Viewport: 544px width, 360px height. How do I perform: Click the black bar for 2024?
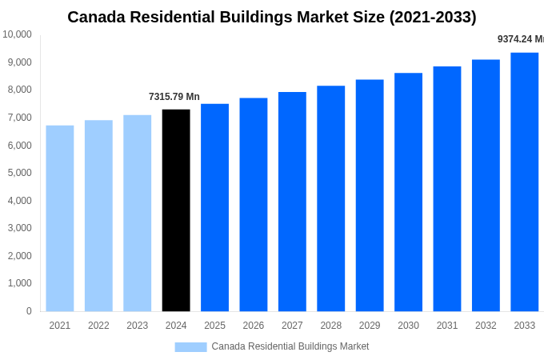click(x=176, y=210)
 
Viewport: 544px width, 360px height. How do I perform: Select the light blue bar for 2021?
click(x=60, y=218)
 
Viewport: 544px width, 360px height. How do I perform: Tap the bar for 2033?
click(x=524, y=182)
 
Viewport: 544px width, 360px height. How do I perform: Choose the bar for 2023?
click(x=137, y=213)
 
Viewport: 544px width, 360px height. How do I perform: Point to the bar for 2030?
click(x=408, y=192)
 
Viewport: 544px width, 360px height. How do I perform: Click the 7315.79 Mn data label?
click(x=174, y=97)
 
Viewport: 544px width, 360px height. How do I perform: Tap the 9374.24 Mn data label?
click(x=520, y=39)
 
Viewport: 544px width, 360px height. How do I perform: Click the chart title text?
click(x=271, y=17)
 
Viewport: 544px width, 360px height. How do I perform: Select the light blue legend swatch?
click(x=190, y=346)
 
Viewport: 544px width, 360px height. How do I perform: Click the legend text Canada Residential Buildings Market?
click(x=290, y=346)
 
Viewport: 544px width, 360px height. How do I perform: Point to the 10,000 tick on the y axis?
click(x=17, y=34)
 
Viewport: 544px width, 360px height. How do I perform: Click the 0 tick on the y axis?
click(x=29, y=311)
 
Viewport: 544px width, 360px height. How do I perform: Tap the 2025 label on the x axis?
click(x=214, y=326)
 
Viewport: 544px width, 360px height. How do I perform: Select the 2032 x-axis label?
click(x=486, y=326)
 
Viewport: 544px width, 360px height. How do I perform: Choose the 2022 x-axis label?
click(x=98, y=326)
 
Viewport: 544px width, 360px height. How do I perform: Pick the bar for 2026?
click(x=254, y=205)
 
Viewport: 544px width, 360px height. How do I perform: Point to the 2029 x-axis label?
click(x=370, y=326)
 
